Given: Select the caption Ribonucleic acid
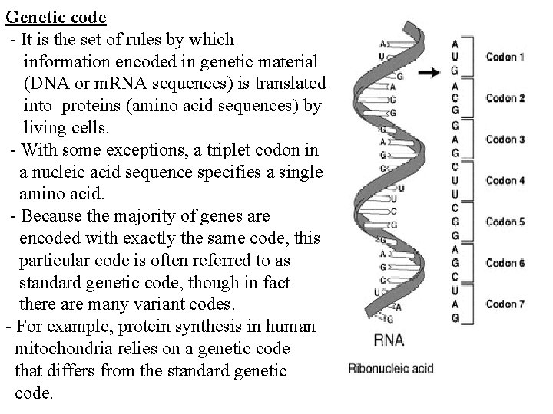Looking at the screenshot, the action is [x=391, y=369].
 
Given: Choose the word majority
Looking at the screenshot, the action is [x=169, y=215].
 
